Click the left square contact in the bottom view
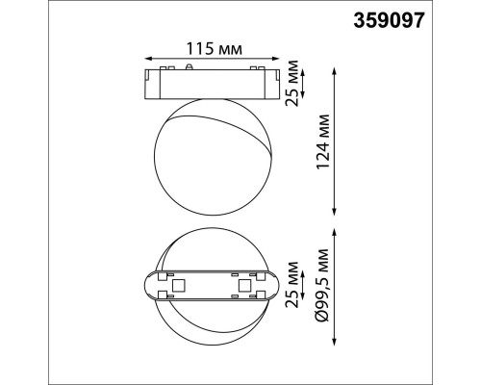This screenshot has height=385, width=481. pyautogui.click(x=179, y=286)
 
